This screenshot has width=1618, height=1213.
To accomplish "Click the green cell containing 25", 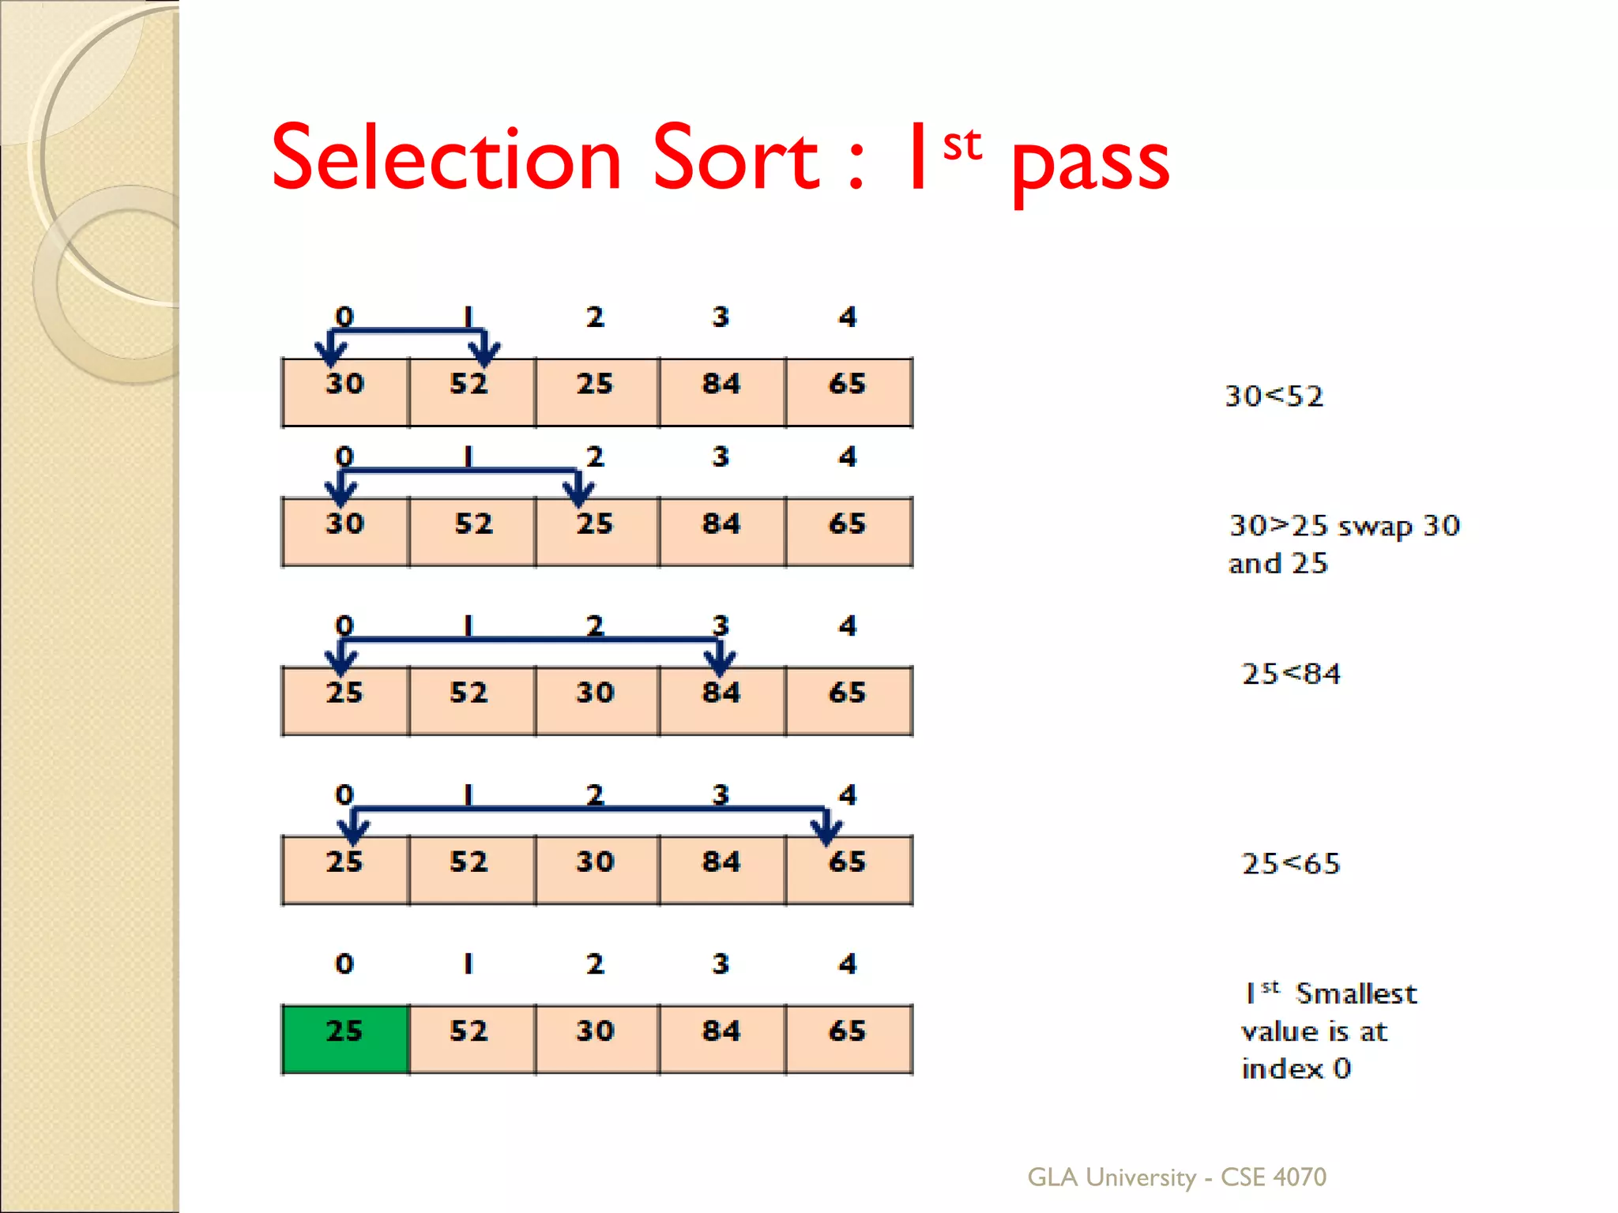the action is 345,1038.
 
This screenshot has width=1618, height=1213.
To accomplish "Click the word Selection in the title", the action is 447,160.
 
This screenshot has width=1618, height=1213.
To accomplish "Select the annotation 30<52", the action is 1274,396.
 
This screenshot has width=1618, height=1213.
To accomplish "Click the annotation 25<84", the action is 1291,674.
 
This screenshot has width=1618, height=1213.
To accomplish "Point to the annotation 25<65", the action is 1291,863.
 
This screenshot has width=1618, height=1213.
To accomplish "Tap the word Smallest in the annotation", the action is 1356,993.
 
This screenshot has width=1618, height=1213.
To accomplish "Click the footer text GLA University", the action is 1111,1177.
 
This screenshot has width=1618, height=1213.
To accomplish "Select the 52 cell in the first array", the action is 472,392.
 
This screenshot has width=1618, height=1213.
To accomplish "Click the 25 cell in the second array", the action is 596,531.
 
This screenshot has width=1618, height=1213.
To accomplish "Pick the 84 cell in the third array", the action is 722,700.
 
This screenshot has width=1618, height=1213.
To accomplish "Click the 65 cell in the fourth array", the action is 849,869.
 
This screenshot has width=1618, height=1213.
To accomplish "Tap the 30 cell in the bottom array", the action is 596,1038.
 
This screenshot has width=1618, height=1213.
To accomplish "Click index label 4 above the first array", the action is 848,317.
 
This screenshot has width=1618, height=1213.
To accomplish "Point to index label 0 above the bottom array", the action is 344,963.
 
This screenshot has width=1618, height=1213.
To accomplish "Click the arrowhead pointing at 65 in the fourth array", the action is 826,832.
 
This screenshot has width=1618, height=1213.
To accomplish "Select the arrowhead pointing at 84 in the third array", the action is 720,663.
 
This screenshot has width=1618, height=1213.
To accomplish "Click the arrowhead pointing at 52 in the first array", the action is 484,353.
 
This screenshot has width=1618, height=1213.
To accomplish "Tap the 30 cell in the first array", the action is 345,392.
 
